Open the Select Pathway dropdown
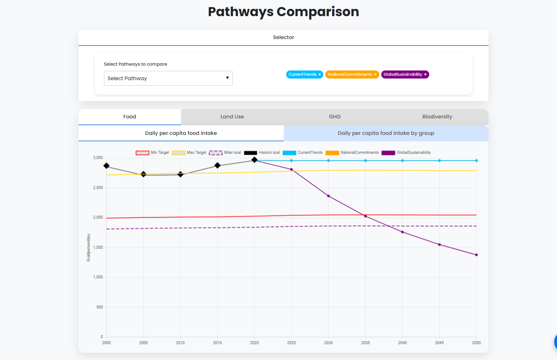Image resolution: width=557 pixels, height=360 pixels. tap(168, 79)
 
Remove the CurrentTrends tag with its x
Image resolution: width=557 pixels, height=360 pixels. tap(320, 74)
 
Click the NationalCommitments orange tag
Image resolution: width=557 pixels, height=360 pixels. tap(349, 74)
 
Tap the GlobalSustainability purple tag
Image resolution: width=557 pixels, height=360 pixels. tap(403, 74)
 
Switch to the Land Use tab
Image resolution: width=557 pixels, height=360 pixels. tap(232, 117)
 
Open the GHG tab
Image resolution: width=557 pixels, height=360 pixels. tap(335, 117)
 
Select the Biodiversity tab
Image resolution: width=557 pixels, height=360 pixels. tap(437, 117)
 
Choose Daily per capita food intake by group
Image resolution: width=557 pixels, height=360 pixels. tap(386, 133)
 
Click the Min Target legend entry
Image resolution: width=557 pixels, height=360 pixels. tap(152, 153)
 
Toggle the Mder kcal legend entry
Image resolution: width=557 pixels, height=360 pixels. tap(225, 153)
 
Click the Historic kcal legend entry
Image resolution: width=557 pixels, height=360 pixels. tap(262, 153)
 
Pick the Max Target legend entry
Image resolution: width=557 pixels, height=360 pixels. tap(189, 153)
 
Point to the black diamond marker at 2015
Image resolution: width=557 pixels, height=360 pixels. tap(218, 166)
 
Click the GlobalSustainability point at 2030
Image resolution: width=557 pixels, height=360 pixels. tap(328, 196)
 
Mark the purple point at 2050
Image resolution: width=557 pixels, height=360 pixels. tap(476, 255)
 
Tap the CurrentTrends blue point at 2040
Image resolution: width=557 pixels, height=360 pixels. tap(402, 161)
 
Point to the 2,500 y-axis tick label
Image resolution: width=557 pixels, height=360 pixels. tap(98, 188)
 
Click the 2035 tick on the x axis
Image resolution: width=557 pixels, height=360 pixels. tap(365, 343)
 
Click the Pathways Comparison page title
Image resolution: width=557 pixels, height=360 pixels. tap(283, 12)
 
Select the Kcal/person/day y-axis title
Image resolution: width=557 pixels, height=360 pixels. tap(89, 247)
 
